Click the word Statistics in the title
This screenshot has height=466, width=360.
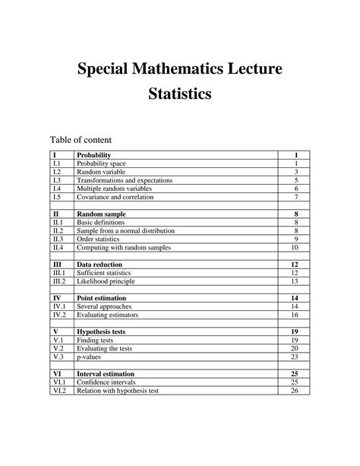180,95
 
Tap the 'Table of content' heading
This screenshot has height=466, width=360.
81,140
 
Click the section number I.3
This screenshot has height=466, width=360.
57,180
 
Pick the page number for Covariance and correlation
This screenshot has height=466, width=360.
295,197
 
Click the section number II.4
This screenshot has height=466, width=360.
58,247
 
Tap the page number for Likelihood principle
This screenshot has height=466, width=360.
295,281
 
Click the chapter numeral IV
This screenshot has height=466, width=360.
57,298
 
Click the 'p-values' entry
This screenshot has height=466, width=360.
90,357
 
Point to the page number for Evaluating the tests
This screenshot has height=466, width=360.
295,348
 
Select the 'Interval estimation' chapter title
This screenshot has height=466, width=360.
106,374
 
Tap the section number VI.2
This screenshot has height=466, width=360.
58,390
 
